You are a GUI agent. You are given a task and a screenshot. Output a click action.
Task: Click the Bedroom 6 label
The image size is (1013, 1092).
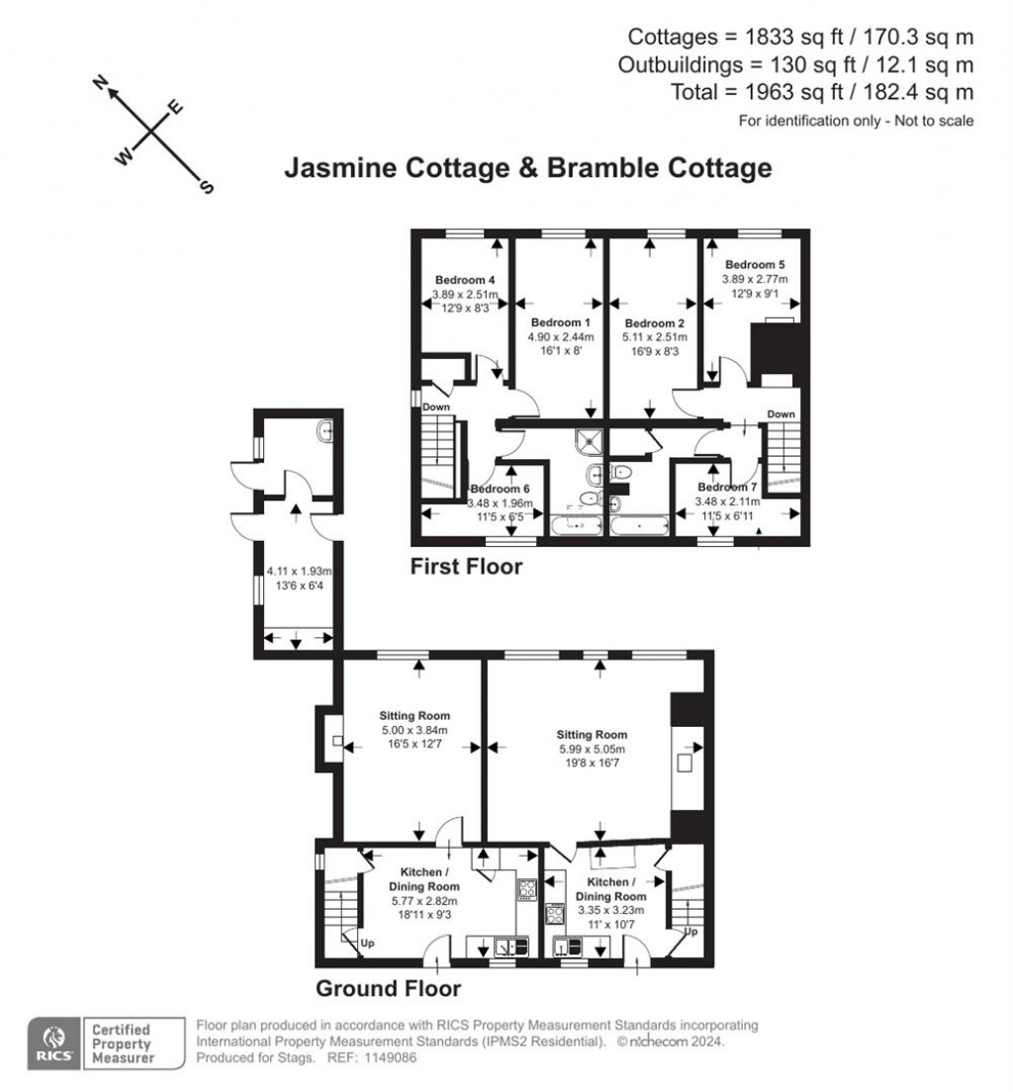pyautogui.click(x=500, y=489)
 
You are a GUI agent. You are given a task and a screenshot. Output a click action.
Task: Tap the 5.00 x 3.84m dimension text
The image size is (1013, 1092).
pyautogui.click(x=414, y=730)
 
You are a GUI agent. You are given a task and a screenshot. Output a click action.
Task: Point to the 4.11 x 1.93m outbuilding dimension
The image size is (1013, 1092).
pyautogui.click(x=299, y=571)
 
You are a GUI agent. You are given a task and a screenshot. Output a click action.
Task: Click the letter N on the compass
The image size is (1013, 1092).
pyautogui.click(x=100, y=83)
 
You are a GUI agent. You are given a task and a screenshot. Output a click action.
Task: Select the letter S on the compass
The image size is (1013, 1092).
pyautogui.click(x=207, y=187)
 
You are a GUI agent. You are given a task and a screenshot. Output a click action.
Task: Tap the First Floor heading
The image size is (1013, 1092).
pyautogui.click(x=466, y=568)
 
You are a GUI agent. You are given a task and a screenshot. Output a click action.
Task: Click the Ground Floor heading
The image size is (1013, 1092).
pyautogui.click(x=388, y=987)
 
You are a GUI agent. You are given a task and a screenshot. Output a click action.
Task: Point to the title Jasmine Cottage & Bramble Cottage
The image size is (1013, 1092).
pyautogui.click(x=527, y=168)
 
